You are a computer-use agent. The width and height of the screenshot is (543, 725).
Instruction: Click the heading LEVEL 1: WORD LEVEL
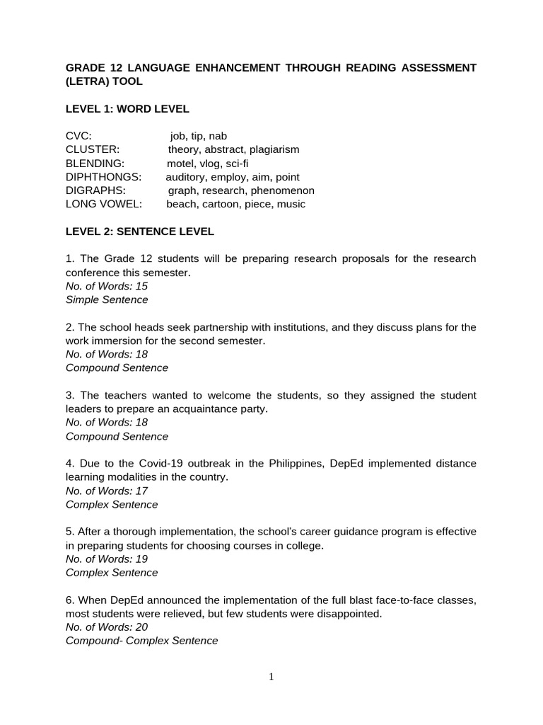(x=127, y=108)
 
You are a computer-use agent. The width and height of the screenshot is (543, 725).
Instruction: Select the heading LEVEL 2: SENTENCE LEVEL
(x=139, y=232)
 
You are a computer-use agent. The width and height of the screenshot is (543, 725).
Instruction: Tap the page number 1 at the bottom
(x=271, y=677)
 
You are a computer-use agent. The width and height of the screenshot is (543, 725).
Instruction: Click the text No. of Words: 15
(x=107, y=286)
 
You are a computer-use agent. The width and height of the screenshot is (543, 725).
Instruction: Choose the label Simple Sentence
(x=107, y=299)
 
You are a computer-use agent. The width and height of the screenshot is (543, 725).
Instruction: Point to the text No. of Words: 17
(x=107, y=491)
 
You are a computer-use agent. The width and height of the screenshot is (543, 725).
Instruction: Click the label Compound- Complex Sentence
(x=141, y=641)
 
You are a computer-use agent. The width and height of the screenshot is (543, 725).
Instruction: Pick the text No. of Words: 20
(x=107, y=627)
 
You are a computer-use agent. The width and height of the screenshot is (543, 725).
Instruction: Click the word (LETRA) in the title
(x=86, y=81)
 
